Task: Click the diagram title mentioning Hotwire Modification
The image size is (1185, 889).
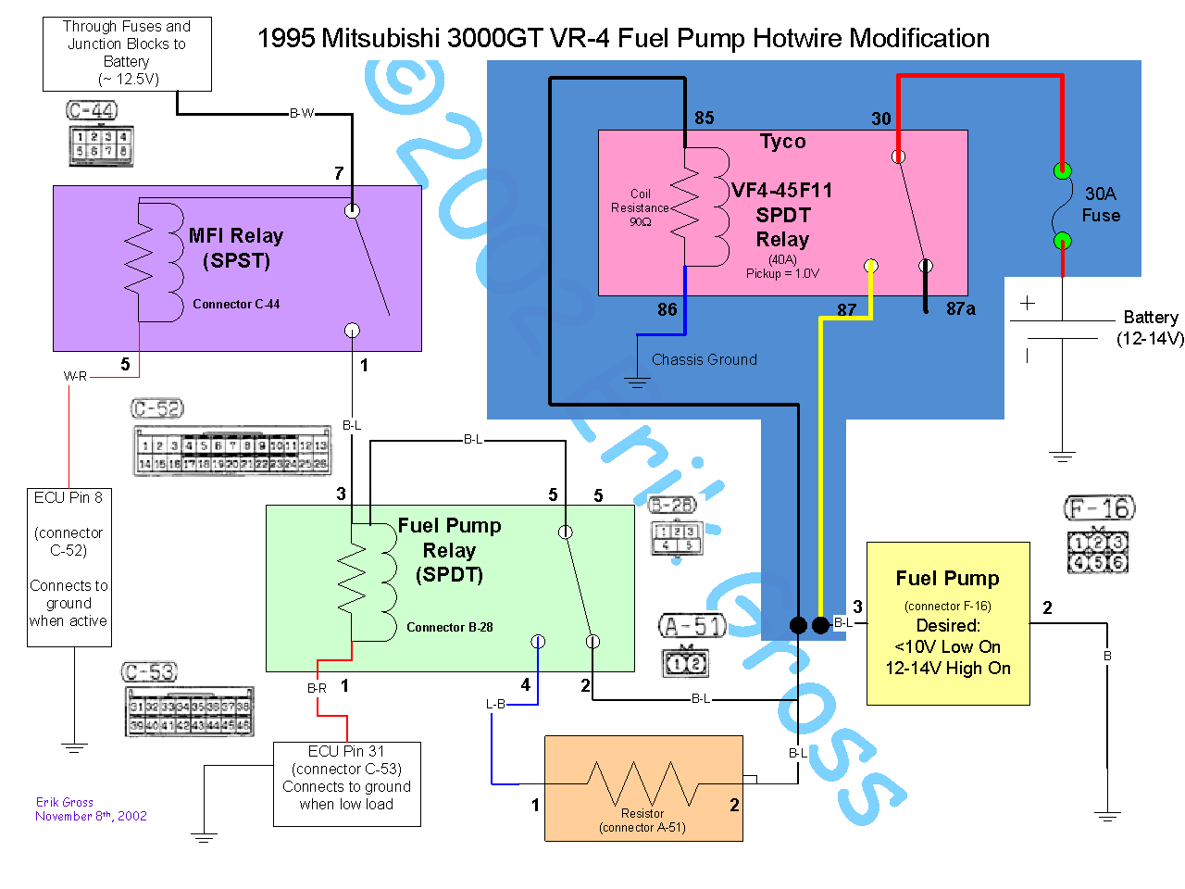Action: click(x=623, y=39)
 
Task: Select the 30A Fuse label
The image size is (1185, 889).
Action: click(x=1101, y=205)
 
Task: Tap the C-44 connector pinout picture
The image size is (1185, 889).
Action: click(x=100, y=133)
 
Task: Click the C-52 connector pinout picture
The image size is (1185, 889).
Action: click(x=231, y=438)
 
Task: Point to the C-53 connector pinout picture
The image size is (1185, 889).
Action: click(x=188, y=701)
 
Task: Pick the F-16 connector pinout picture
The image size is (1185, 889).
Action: click(x=1100, y=533)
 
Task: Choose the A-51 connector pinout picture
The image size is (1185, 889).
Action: click(x=692, y=646)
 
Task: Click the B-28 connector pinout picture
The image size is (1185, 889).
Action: click(x=676, y=525)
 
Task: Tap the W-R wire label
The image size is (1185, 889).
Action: click(x=75, y=376)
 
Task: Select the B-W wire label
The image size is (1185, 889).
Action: click(x=302, y=114)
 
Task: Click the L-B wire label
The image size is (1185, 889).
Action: click(x=496, y=704)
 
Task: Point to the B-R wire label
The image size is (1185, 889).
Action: click(x=317, y=688)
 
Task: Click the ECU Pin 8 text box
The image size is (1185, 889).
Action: click(x=69, y=567)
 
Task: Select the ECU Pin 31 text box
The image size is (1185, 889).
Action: click(x=347, y=783)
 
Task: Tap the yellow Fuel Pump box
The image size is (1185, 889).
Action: click(x=948, y=623)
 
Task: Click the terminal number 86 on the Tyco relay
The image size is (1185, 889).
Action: click(x=667, y=309)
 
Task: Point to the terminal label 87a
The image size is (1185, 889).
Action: click(x=960, y=309)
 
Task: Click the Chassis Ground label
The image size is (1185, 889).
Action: click(x=705, y=359)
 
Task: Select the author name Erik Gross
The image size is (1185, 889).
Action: click(x=65, y=802)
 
